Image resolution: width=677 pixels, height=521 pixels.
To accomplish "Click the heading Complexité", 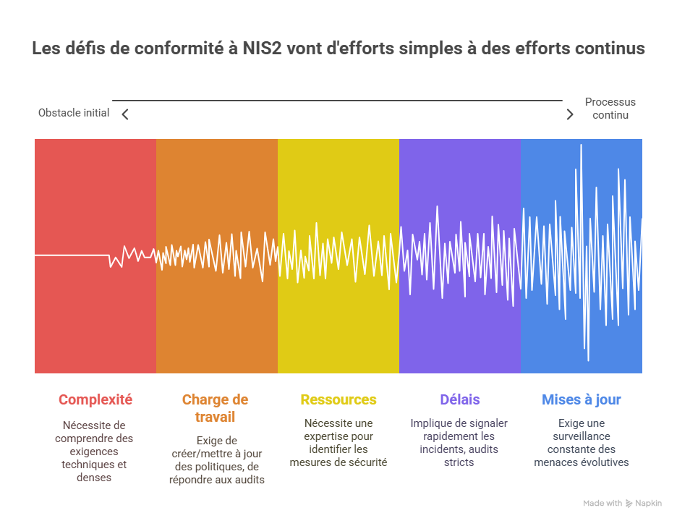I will point(95,399).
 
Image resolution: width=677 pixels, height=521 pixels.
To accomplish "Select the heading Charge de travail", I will point(215,408).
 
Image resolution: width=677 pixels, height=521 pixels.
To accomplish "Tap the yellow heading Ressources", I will point(338,399).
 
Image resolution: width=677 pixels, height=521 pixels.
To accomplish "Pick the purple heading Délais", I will point(459,399).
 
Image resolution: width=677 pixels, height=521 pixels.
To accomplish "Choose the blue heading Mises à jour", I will point(581,399).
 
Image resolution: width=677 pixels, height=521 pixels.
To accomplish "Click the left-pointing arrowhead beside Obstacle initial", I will point(125,114).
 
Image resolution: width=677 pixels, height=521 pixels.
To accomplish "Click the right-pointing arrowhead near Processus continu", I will point(570,114).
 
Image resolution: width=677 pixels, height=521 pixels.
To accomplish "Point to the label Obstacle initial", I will point(74,113).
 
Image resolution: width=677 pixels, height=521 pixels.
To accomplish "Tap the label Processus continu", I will point(610,109).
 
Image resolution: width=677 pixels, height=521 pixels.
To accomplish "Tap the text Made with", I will point(603,503).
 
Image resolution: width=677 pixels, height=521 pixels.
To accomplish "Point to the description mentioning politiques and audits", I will point(216,459).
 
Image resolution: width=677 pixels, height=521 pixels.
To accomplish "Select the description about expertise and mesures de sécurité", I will point(338,442).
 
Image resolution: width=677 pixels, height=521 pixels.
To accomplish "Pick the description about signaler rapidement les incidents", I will point(459,442).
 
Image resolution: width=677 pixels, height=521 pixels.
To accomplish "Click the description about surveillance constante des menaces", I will point(582,442).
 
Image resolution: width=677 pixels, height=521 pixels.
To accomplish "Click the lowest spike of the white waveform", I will point(588,359).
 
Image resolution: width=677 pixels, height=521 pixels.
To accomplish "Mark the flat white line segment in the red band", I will point(71,255).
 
